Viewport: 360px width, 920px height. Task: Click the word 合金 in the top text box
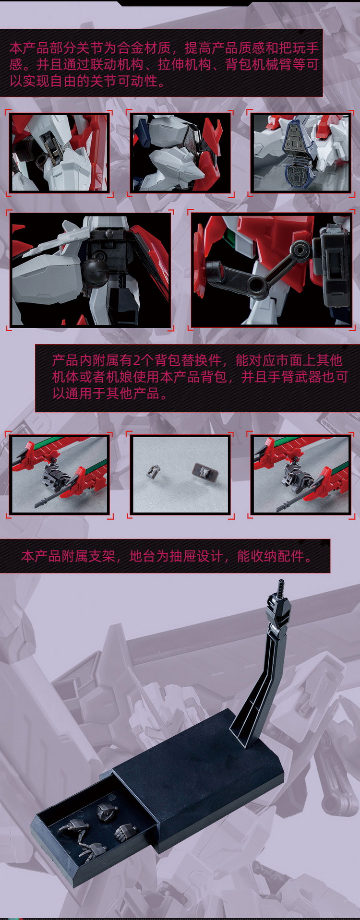coord(131,48)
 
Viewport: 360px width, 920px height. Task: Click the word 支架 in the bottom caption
coord(101,556)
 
